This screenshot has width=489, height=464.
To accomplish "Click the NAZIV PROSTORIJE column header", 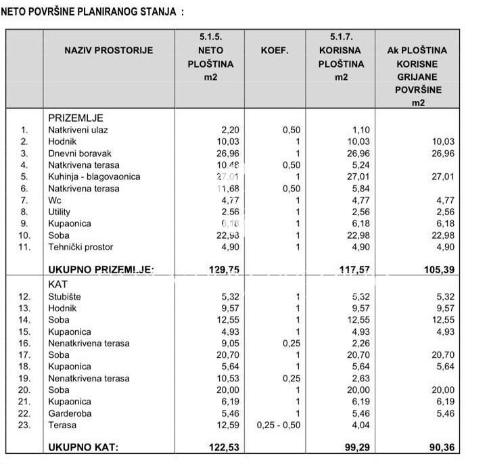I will click(109, 50).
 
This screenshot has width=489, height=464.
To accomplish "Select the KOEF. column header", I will click(275, 50).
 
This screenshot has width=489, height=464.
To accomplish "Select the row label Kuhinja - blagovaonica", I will click(94, 177).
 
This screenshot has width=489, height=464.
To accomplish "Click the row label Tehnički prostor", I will click(80, 247).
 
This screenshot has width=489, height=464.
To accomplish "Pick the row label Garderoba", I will click(70, 413).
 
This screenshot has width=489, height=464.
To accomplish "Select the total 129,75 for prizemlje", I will click(225, 270).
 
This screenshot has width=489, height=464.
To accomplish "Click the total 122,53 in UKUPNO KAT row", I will click(225, 447).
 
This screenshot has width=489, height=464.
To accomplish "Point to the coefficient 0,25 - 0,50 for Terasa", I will click(279, 425).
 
